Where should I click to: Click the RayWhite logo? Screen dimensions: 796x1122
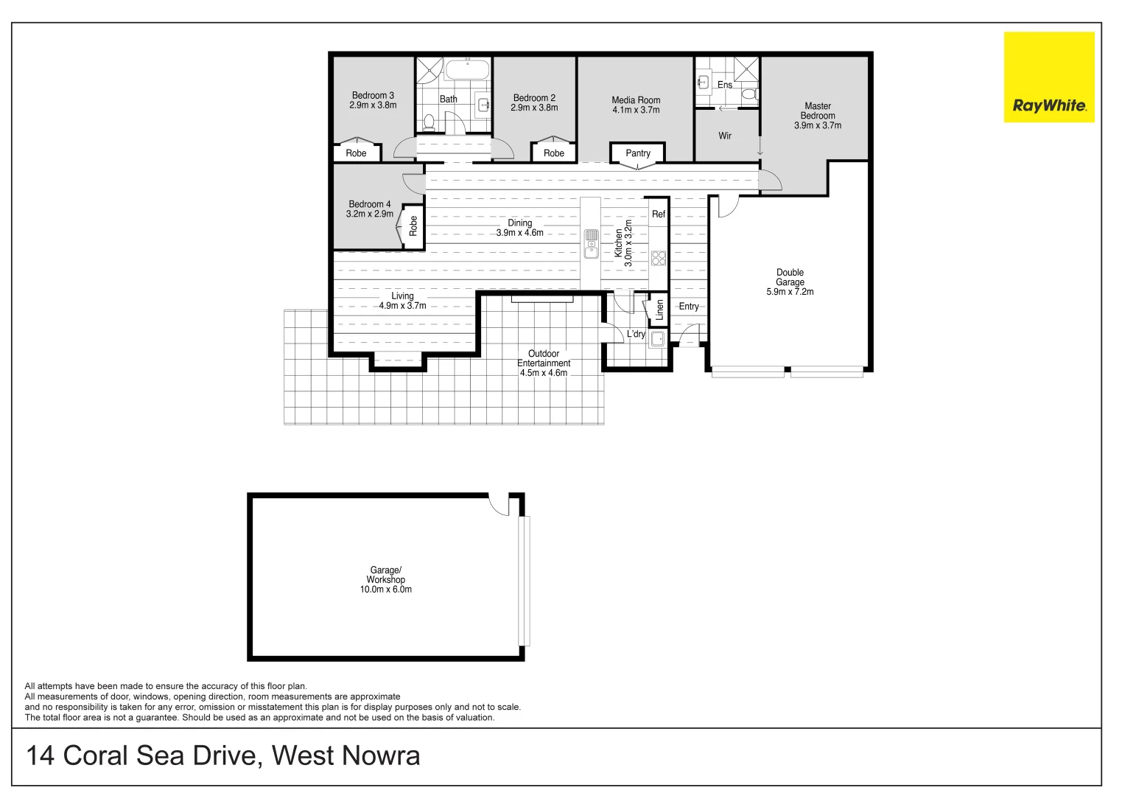click(x=1049, y=77)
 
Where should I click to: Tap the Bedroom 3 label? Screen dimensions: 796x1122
click(x=373, y=96)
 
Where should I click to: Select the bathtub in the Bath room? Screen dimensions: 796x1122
click(x=467, y=70)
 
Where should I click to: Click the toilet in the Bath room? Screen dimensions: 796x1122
click(x=429, y=122)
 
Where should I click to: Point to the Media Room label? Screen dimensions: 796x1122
click(x=636, y=100)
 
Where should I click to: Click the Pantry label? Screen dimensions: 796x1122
click(x=638, y=153)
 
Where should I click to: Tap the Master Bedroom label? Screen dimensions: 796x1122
click(x=818, y=111)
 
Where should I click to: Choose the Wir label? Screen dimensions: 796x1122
click(x=725, y=136)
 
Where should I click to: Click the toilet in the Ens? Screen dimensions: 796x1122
click(x=749, y=94)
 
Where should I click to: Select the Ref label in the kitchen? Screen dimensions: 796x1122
click(x=659, y=214)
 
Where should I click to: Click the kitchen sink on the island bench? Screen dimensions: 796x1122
click(x=592, y=244)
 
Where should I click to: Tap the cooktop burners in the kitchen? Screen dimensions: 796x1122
click(x=659, y=258)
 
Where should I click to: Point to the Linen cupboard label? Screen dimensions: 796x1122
click(x=659, y=309)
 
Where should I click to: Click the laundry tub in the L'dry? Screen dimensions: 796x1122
click(x=657, y=339)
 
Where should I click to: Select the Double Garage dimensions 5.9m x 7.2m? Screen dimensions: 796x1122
click(x=790, y=292)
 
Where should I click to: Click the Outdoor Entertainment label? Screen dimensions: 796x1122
click(x=544, y=358)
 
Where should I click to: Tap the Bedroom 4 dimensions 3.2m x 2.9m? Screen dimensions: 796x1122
click(x=370, y=214)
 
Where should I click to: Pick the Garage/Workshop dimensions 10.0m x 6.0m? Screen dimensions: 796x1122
click(x=386, y=590)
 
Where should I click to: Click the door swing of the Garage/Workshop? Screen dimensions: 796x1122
click(x=499, y=505)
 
